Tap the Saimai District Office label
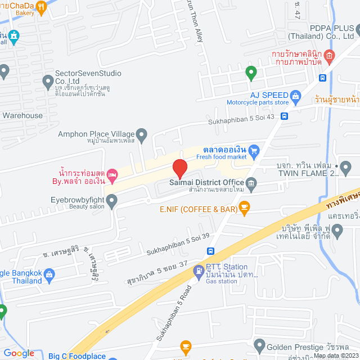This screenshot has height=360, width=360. pos(206,182)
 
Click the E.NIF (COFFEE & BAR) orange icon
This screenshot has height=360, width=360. pos(244,209)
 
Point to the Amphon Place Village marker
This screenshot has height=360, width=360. pos(142,134)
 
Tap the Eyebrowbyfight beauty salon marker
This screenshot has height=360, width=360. pos(112,200)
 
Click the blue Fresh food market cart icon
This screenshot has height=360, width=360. pos(254,150)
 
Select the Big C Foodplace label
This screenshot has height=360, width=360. pos(76,356)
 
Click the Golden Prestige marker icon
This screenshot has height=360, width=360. pos(259,344)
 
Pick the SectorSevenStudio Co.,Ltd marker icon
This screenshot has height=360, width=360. pos(48,80)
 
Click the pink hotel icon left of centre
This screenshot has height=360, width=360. pos(112,175)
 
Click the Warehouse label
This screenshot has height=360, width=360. pos(22,115)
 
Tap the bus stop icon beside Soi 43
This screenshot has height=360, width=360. pos(285,116)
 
